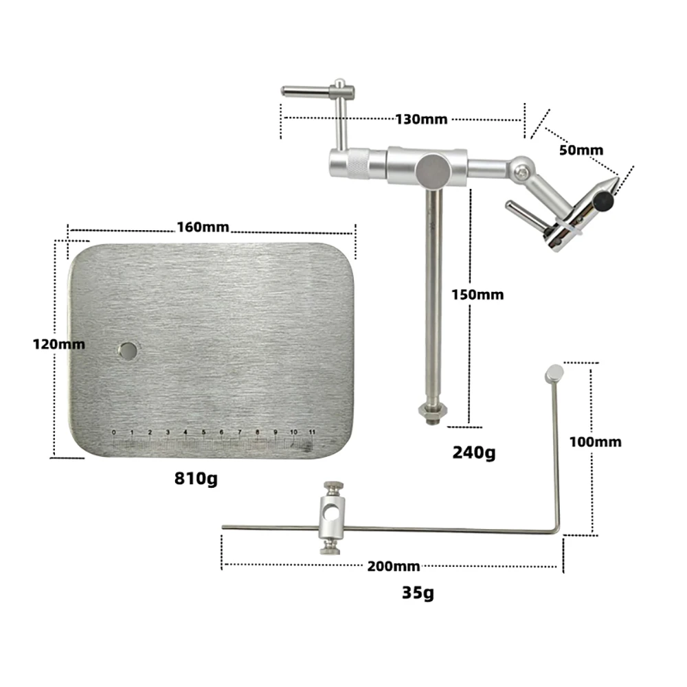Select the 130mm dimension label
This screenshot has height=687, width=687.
[421, 119]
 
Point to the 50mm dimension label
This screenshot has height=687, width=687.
[581, 150]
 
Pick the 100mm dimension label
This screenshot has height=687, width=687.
[595, 442]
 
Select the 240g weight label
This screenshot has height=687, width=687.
[473, 453]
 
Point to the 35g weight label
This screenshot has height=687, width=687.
[418, 592]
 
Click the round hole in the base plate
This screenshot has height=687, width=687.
[128, 350]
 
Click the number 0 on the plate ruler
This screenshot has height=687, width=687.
[113, 431]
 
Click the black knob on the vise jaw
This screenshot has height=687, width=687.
[604, 201]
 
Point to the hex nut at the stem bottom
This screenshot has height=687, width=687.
[432, 410]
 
